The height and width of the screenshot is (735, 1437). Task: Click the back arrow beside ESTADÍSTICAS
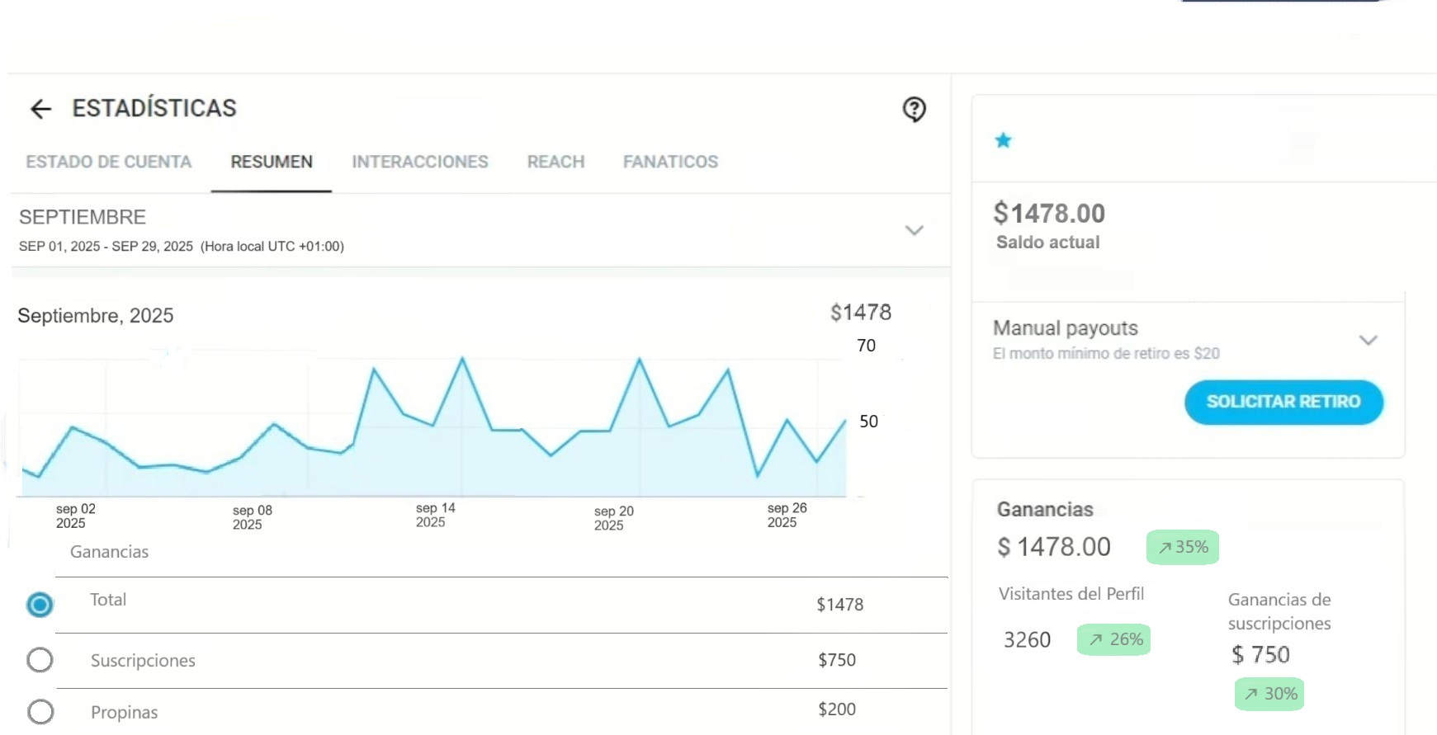coord(40,109)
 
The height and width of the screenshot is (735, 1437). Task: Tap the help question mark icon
coord(914,109)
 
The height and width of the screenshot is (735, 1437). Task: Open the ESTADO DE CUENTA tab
coord(108,162)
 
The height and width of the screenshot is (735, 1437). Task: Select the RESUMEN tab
coord(272,162)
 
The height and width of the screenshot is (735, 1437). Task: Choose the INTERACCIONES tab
coord(420,162)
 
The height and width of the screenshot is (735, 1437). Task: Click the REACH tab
coord(555,162)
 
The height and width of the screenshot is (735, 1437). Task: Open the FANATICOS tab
coord(670,162)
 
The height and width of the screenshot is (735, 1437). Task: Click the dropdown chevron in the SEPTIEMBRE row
coord(914,230)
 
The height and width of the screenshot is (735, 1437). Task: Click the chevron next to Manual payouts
coord(1368,340)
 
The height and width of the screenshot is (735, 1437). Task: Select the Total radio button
coord(40,605)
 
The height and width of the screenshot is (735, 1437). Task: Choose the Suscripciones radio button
coord(40,660)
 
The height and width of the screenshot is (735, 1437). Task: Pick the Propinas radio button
coord(40,711)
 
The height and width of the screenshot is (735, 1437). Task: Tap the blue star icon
coord(1003,140)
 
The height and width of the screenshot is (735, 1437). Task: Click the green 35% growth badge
coord(1182,547)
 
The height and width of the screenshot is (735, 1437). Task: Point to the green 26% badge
coord(1113,639)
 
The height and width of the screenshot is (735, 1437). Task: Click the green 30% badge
coord(1269,694)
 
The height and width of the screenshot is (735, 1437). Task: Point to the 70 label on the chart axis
coord(866,346)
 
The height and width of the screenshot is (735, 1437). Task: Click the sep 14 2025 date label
coord(435,515)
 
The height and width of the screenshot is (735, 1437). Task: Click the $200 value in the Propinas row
coord(836,709)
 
